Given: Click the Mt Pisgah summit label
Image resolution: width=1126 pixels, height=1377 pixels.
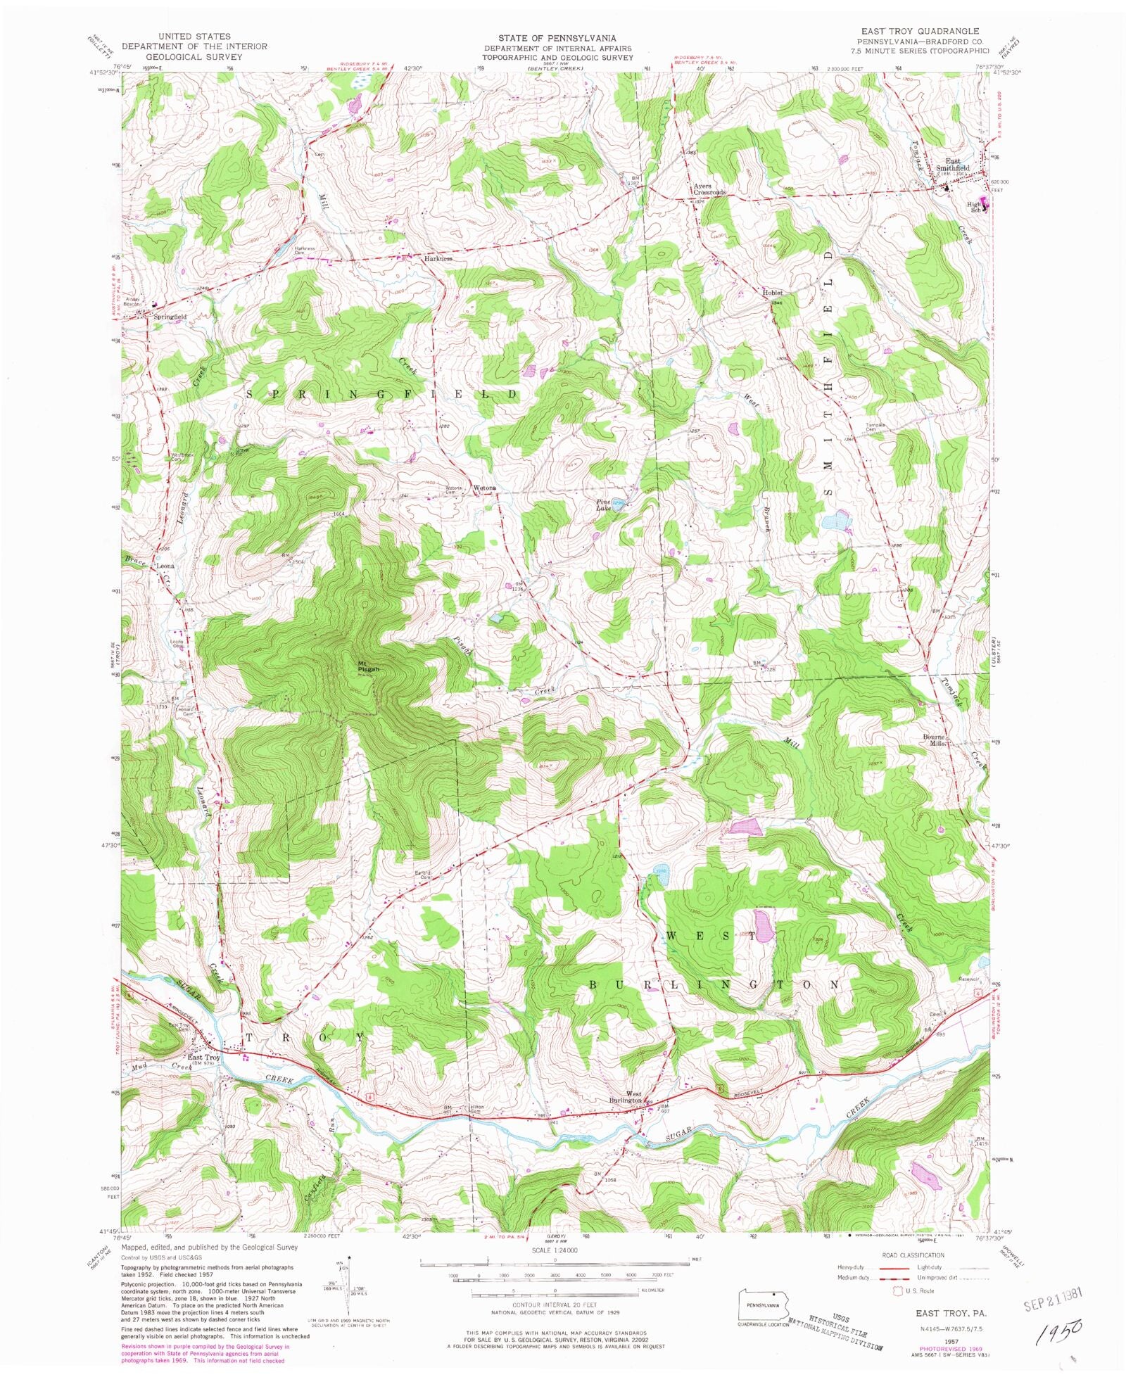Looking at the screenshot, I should coord(368,666).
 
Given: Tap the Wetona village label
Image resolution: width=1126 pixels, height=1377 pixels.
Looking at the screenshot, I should coord(485,488).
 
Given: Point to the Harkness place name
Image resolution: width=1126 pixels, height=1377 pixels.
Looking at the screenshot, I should coord(437,258).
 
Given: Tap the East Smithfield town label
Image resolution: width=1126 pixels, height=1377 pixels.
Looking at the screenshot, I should coord(952,165).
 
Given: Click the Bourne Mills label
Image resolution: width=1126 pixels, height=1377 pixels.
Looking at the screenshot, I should coord(937,740).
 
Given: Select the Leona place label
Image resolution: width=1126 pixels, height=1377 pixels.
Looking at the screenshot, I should coord(165,566).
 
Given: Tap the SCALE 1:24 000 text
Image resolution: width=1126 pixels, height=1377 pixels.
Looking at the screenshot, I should coord(555,1250).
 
